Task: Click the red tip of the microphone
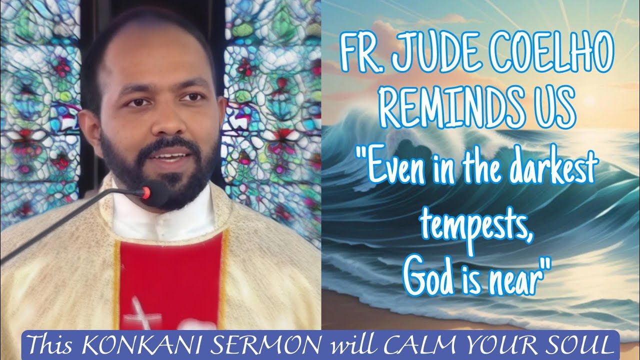(146, 193)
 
